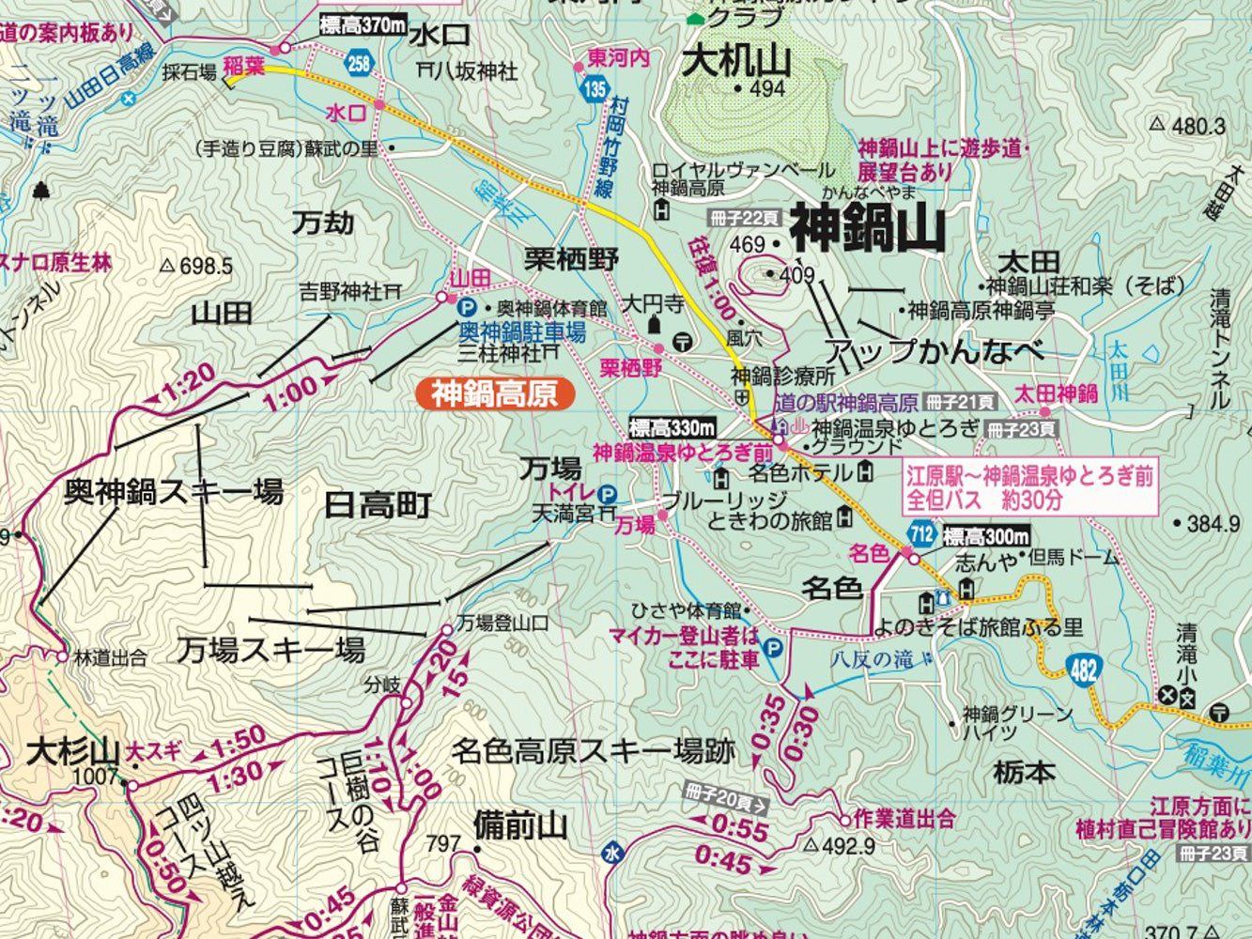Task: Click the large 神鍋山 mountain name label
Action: click(866, 228)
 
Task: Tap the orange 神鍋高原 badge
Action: click(494, 393)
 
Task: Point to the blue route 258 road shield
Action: click(358, 64)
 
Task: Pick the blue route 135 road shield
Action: click(593, 90)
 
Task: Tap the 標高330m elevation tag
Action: click(672, 428)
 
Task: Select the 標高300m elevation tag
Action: click(986, 537)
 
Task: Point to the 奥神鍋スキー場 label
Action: click(174, 491)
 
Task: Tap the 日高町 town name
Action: click(378, 505)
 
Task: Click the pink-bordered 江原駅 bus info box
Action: click(1028, 487)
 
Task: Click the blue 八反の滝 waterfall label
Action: click(871, 658)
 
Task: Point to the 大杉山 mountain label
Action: click(73, 752)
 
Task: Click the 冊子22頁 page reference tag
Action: click(745, 218)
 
